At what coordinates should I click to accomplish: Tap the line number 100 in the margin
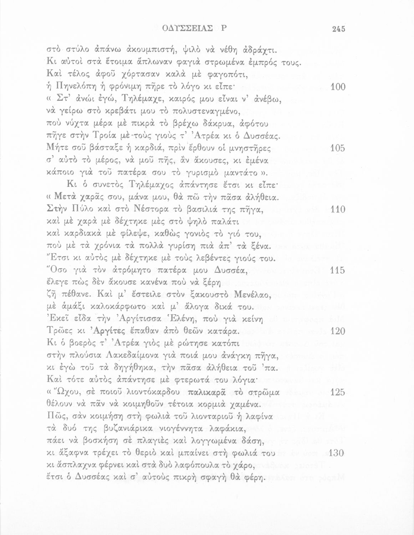pyautogui.click(x=338, y=87)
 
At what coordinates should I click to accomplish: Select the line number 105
pyautogui.click(x=338, y=148)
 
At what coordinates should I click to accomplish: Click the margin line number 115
pyautogui.click(x=338, y=270)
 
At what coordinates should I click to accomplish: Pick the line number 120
pyautogui.click(x=338, y=331)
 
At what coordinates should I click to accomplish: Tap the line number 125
pyautogui.click(x=338, y=392)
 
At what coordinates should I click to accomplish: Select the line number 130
pyautogui.click(x=338, y=453)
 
